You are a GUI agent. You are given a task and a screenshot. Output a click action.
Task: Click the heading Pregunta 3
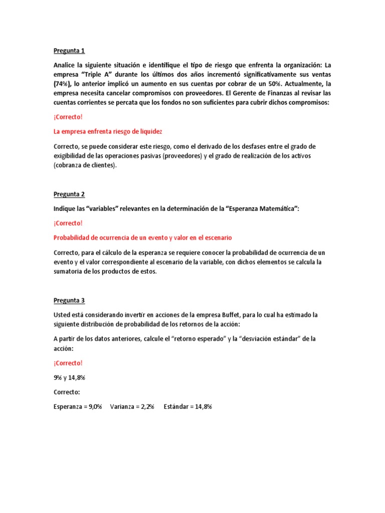click(69, 301)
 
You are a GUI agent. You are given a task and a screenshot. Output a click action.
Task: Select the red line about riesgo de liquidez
click(108, 131)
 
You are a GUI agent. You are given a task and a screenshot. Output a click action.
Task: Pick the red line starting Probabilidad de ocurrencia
click(142, 237)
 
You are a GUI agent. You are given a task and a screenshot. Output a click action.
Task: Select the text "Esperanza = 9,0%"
click(78, 407)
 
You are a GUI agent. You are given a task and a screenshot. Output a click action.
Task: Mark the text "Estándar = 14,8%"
click(187, 407)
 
